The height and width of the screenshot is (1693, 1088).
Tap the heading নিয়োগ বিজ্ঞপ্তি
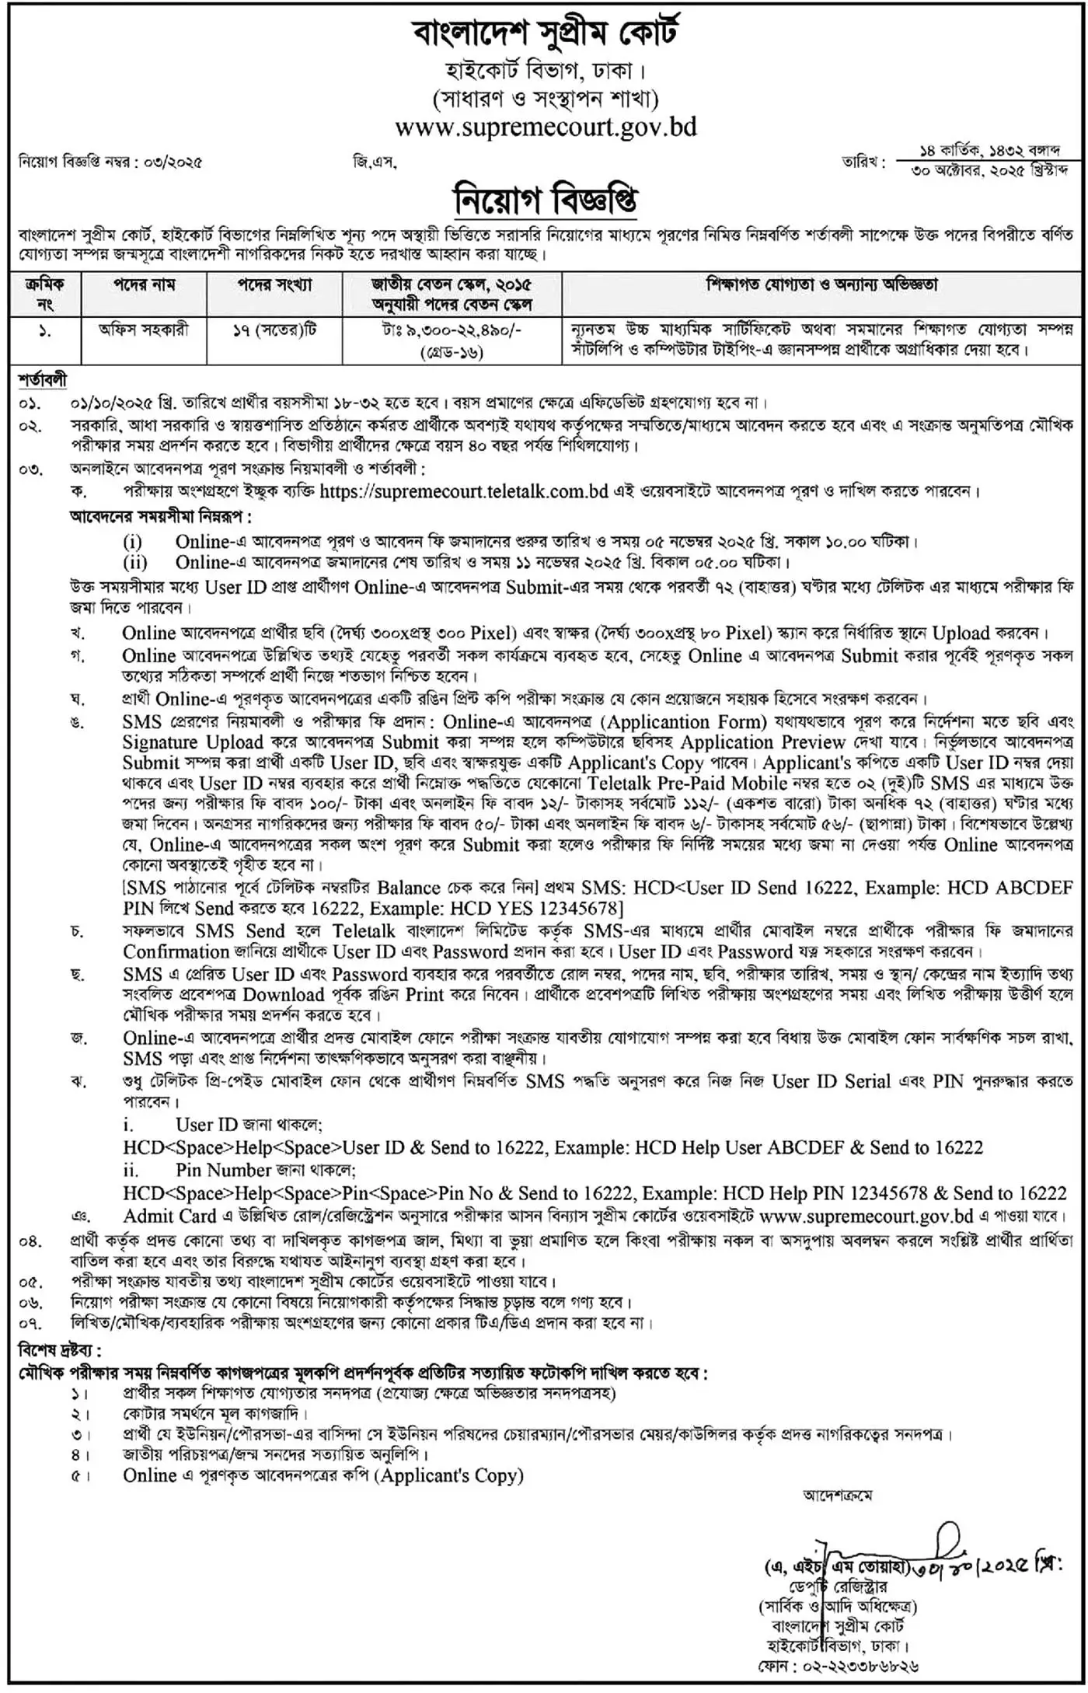(x=545, y=201)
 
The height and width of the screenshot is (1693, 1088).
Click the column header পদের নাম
(x=144, y=284)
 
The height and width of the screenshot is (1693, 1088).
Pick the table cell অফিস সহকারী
(x=145, y=330)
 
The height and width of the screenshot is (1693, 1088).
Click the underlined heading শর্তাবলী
(x=42, y=381)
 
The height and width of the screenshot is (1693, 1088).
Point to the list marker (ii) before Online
(x=133, y=562)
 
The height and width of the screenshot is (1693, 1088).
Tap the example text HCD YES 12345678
(x=545, y=908)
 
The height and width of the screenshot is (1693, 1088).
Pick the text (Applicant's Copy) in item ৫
(x=449, y=1475)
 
